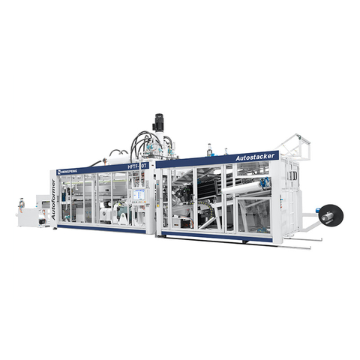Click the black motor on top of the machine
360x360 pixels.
click(158, 121)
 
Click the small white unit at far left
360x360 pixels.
click(28, 214)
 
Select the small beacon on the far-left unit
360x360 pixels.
click(22, 200)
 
